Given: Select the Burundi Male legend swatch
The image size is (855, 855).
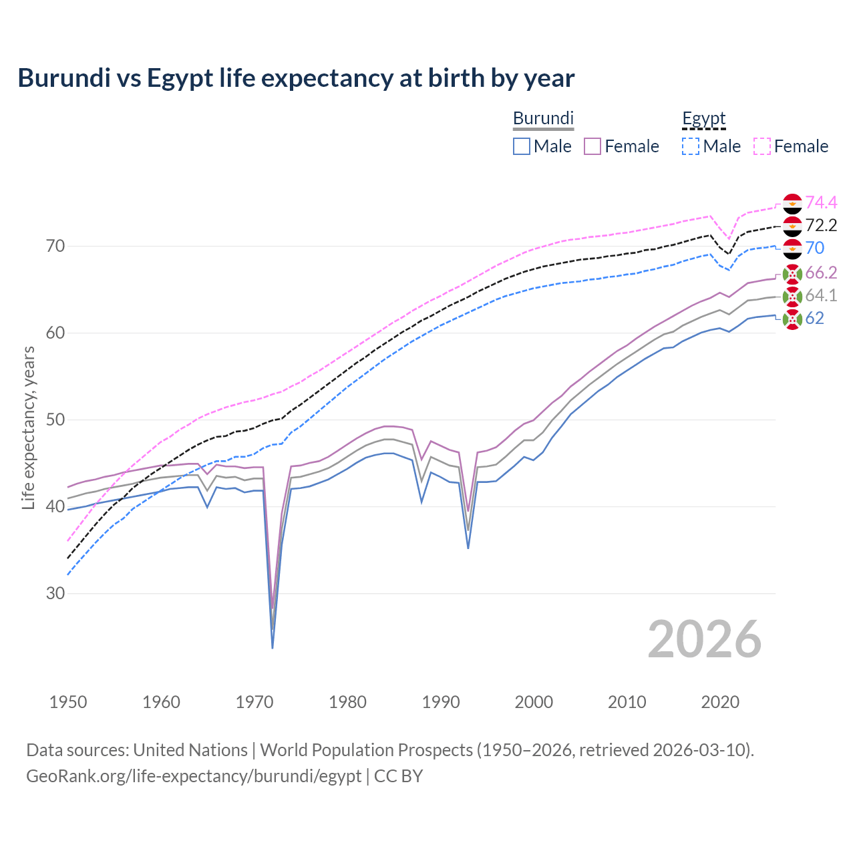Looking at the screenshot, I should tap(522, 146).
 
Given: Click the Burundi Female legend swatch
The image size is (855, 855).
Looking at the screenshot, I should tap(593, 146).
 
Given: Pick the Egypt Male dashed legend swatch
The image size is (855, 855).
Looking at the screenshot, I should tap(691, 146).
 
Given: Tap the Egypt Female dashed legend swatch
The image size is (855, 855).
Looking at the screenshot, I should tap(762, 146).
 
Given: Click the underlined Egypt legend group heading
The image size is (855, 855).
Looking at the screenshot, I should tap(703, 119).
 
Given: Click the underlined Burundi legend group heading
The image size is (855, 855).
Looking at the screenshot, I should tap(543, 118).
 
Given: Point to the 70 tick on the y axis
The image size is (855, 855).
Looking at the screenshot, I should tap(56, 246).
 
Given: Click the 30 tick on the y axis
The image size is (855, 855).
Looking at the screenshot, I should tap(56, 593).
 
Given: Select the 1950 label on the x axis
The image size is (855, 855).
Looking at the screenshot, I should tap(68, 702).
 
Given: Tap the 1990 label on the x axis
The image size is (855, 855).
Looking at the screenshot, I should tap(441, 702).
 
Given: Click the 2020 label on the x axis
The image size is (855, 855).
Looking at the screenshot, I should tap(720, 702).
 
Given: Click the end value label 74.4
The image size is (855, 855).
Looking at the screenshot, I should tap(821, 202).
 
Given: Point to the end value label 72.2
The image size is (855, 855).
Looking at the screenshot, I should tap(821, 225).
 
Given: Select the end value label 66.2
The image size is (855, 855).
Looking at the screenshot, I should tap(821, 273).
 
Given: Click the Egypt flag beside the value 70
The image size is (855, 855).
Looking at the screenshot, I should tap(792, 248).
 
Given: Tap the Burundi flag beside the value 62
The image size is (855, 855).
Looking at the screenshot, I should tap(792, 319).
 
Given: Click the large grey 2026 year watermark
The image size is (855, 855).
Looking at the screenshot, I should tap(705, 639).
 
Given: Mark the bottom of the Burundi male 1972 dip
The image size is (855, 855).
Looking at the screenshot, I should tap(273, 647).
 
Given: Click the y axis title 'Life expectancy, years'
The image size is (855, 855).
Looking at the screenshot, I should tap(28, 427).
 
